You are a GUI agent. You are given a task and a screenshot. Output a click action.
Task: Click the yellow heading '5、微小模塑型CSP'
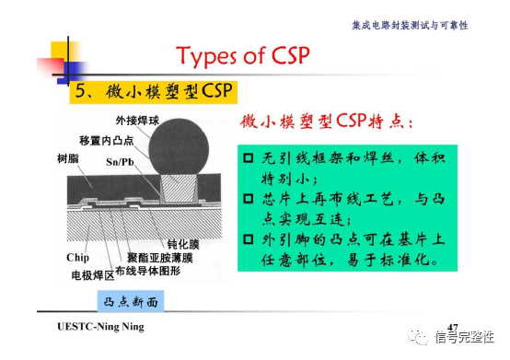tap(154, 92)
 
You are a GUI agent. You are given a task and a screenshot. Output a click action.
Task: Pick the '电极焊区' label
tap(91, 273)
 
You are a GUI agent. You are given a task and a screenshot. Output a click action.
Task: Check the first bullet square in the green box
tap(249, 157)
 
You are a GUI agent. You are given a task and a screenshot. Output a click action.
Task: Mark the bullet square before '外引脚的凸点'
tap(249, 239)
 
